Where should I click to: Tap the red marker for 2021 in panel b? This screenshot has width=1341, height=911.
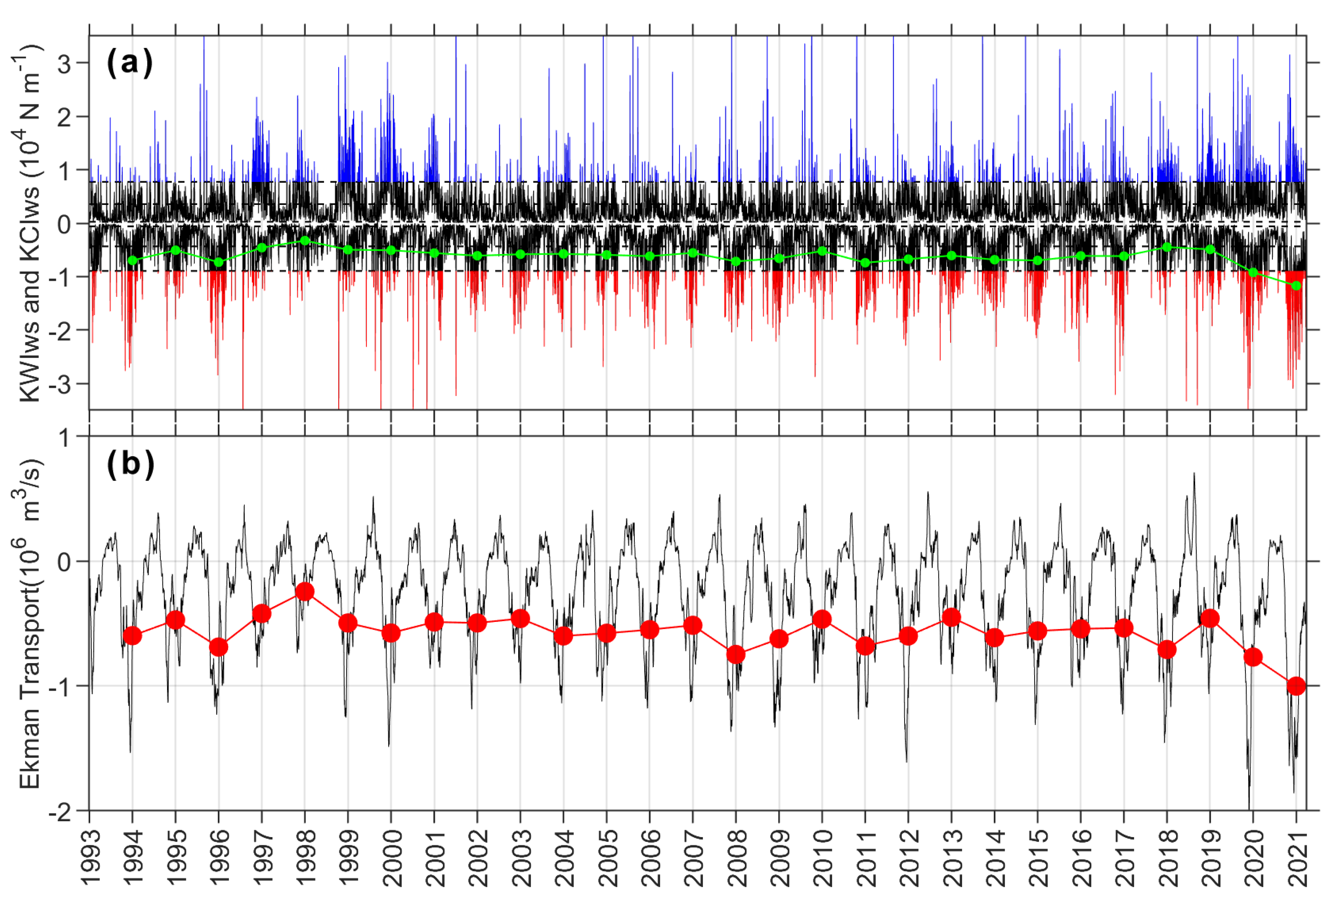1296,686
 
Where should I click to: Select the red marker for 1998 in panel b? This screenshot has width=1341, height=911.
305,591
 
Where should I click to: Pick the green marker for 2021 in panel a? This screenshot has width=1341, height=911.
1296,286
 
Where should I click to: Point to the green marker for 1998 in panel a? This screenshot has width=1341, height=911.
305,240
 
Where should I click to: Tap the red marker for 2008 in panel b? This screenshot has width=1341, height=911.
736,654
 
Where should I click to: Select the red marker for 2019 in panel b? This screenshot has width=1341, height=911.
1210,618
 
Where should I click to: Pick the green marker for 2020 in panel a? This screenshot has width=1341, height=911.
1253,272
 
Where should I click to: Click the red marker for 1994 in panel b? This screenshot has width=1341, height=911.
132,636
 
